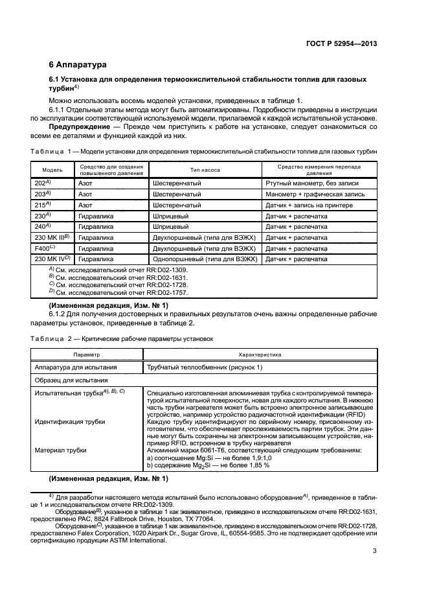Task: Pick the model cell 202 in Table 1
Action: coord(41,183)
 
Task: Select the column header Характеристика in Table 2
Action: coord(260,355)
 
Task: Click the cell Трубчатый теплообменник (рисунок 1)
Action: coord(205,367)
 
